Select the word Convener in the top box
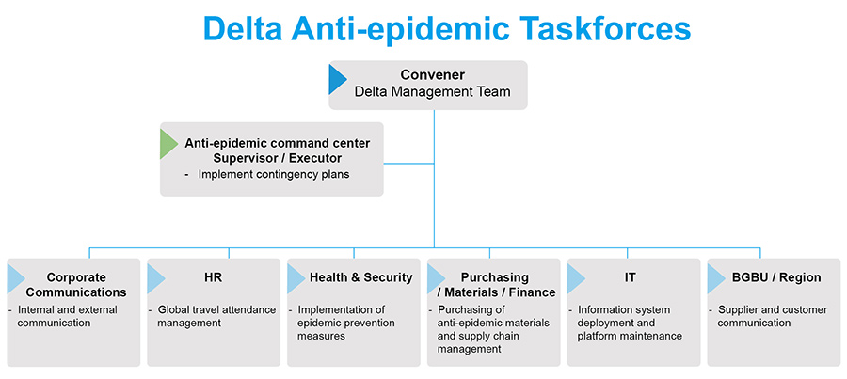432,74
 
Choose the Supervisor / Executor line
278,159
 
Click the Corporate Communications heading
76,285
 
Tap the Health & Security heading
360,277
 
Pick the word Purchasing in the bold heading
494,277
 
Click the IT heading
630,277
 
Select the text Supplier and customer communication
768,316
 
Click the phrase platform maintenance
630,336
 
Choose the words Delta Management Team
432,91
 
